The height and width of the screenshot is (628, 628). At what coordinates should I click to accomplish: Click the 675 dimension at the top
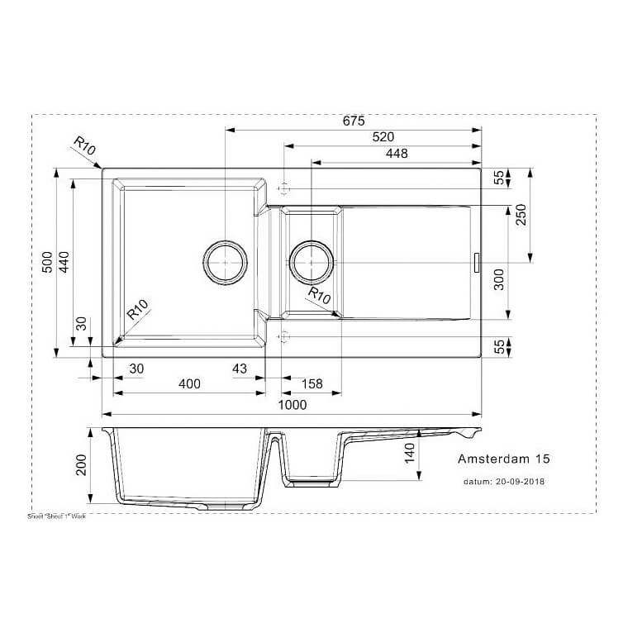click(x=354, y=121)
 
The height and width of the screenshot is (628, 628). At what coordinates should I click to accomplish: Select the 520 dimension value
click(x=383, y=137)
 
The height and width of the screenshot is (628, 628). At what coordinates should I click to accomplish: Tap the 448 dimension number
click(x=396, y=154)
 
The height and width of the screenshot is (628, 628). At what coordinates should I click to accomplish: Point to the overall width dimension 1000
click(x=293, y=405)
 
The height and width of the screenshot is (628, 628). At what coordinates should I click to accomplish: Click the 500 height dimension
click(x=48, y=262)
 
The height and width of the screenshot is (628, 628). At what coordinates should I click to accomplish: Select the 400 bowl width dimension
click(x=189, y=385)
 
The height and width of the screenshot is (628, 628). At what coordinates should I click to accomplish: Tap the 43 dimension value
click(x=240, y=369)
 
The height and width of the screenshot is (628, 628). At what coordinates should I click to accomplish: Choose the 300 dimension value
click(x=498, y=282)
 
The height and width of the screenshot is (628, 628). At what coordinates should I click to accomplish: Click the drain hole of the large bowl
click(x=224, y=263)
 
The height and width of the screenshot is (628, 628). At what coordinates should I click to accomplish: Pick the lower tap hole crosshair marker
click(x=283, y=336)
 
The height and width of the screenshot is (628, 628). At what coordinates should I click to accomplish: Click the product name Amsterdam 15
click(x=503, y=459)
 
